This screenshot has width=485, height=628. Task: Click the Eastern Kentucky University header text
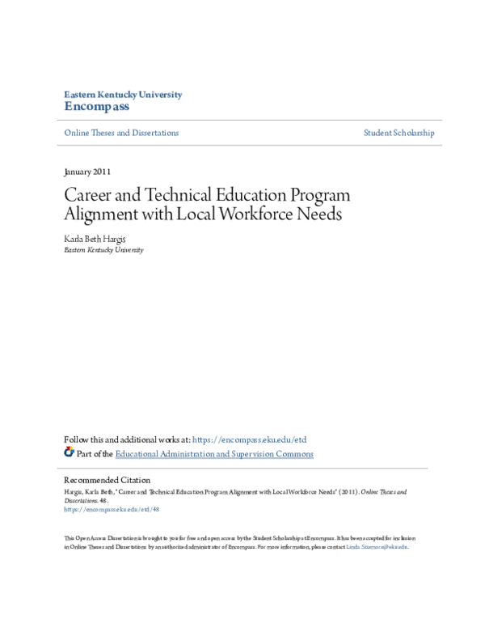click(123, 95)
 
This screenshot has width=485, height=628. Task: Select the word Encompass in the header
click(96, 107)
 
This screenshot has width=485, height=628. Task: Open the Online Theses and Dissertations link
click(121, 133)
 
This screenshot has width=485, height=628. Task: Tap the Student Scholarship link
click(399, 133)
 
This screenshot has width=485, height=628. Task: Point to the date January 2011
click(87, 172)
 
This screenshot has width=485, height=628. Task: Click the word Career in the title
click(86, 197)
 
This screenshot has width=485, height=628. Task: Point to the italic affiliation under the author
click(103, 250)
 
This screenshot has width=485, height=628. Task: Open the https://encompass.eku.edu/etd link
click(249, 439)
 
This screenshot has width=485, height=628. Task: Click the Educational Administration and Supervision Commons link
click(214, 454)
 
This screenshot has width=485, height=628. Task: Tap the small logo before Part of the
click(69, 453)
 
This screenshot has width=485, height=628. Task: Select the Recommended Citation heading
click(107, 480)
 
